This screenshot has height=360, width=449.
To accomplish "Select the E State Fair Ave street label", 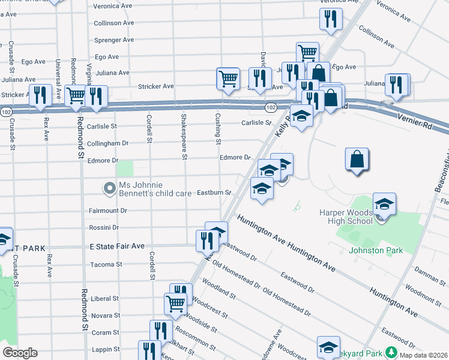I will point(117,247).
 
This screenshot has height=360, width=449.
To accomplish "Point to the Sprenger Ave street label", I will point(112,40).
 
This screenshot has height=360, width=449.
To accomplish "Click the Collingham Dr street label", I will point(109,143).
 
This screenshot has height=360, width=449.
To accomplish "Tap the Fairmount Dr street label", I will point(108,211).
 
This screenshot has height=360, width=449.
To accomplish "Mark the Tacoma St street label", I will point(106,264).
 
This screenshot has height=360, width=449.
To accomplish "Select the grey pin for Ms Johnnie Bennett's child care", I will point(109,189).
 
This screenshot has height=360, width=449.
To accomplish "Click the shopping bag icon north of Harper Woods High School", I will point(357,160).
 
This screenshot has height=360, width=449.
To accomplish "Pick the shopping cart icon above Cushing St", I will point(228,78).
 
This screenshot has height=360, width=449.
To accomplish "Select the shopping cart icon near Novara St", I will point(175,303).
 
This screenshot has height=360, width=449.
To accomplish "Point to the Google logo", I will point(20,353).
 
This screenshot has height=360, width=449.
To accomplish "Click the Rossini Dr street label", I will point(104,228).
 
